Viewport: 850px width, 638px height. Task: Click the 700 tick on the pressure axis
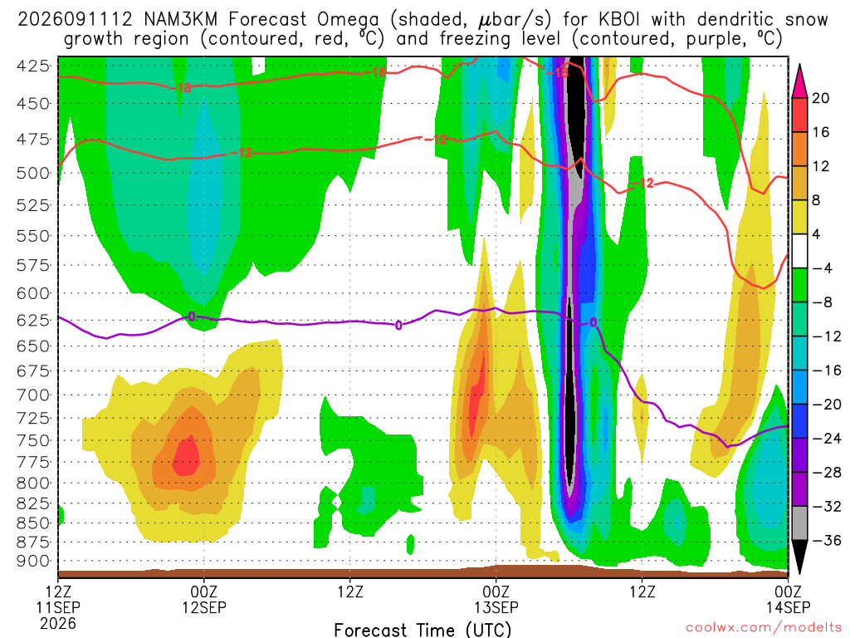33,395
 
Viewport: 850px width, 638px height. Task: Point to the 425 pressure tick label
33,66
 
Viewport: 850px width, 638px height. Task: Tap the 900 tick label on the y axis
33,561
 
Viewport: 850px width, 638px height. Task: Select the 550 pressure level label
33,236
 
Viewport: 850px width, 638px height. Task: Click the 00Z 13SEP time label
496,599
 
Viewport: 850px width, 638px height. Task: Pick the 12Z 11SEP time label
58,599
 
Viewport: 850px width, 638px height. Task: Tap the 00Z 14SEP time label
788,599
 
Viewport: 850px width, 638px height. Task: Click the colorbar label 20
820,98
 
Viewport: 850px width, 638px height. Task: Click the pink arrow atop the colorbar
799,81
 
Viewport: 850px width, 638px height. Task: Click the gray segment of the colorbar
799,523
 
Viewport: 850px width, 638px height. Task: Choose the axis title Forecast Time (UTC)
423,630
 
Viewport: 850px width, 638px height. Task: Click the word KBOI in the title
619,20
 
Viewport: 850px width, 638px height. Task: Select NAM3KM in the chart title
180,20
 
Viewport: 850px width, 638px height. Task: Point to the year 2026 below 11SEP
58,623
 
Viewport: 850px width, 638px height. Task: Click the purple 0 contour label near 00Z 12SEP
192,317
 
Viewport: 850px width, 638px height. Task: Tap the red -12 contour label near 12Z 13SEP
643,184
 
